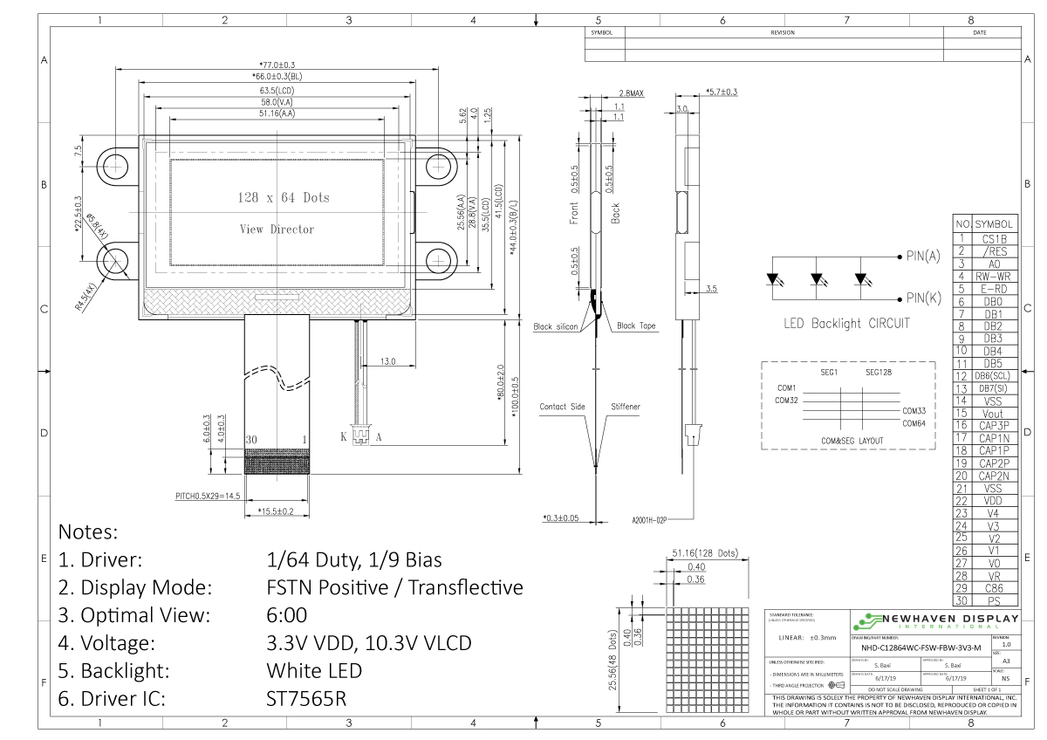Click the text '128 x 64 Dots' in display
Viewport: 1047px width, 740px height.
(x=284, y=198)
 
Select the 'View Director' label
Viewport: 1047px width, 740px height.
(x=277, y=230)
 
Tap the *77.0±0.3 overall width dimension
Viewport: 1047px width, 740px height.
(x=277, y=65)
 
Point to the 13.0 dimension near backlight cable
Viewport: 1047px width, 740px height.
(x=387, y=360)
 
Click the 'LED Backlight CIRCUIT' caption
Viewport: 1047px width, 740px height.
(x=848, y=324)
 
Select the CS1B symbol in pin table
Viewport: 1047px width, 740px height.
(x=994, y=238)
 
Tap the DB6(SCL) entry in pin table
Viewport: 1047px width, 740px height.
(x=994, y=375)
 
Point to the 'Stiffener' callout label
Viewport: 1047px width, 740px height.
(x=625, y=407)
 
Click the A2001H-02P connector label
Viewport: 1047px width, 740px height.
(x=649, y=521)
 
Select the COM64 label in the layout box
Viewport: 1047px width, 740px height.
(x=916, y=423)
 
